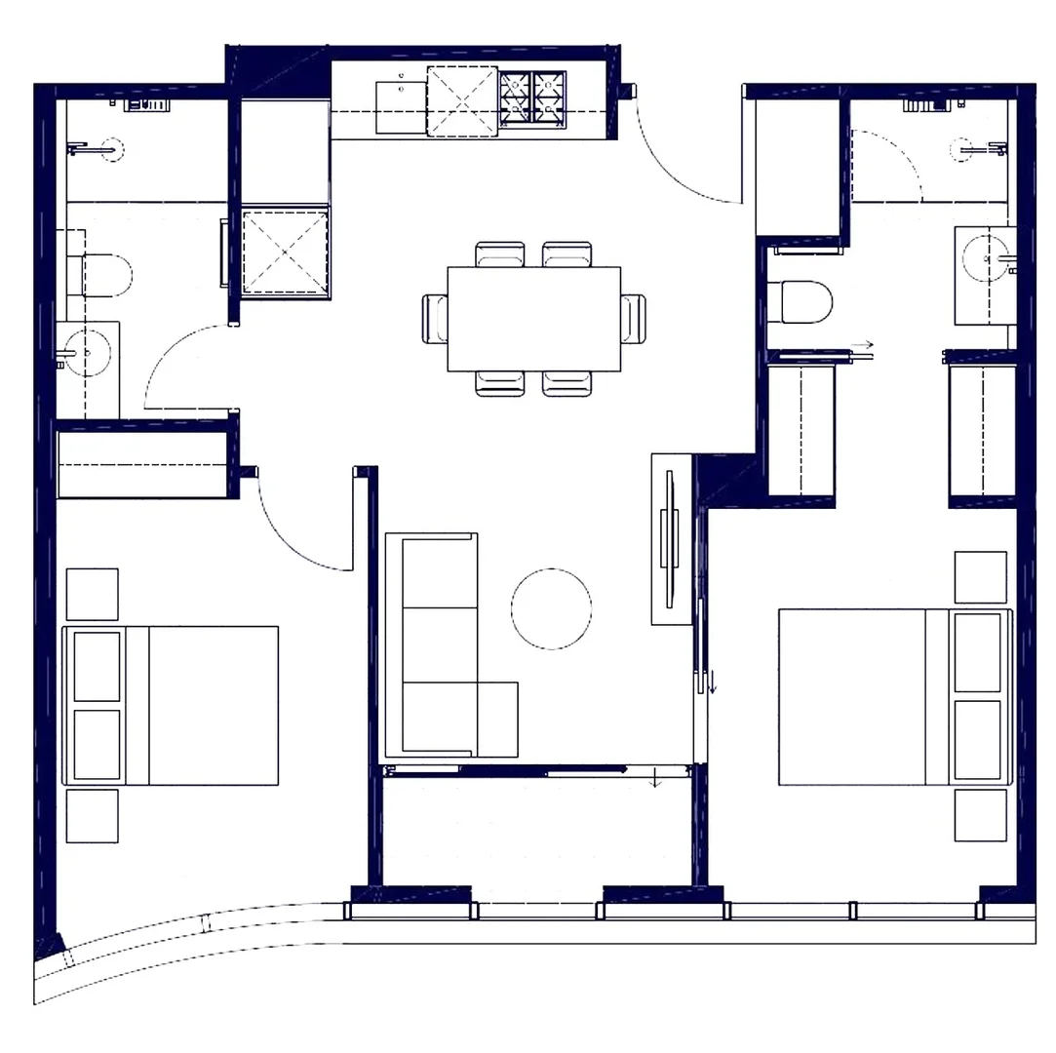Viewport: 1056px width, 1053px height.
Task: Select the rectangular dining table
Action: (x=534, y=319)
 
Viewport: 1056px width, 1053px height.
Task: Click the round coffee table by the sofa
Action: (x=551, y=608)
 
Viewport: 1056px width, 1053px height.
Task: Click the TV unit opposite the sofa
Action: (x=670, y=539)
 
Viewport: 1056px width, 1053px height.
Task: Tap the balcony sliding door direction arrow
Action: (x=656, y=778)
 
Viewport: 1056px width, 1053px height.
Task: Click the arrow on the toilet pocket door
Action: (x=864, y=345)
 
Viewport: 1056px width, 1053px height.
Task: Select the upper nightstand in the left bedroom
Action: (x=92, y=594)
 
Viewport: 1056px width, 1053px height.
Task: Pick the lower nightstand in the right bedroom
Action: (x=980, y=815)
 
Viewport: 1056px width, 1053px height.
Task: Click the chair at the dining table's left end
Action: (x=434, y=319)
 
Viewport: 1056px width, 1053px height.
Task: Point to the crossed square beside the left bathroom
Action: (x=285, y=251)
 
